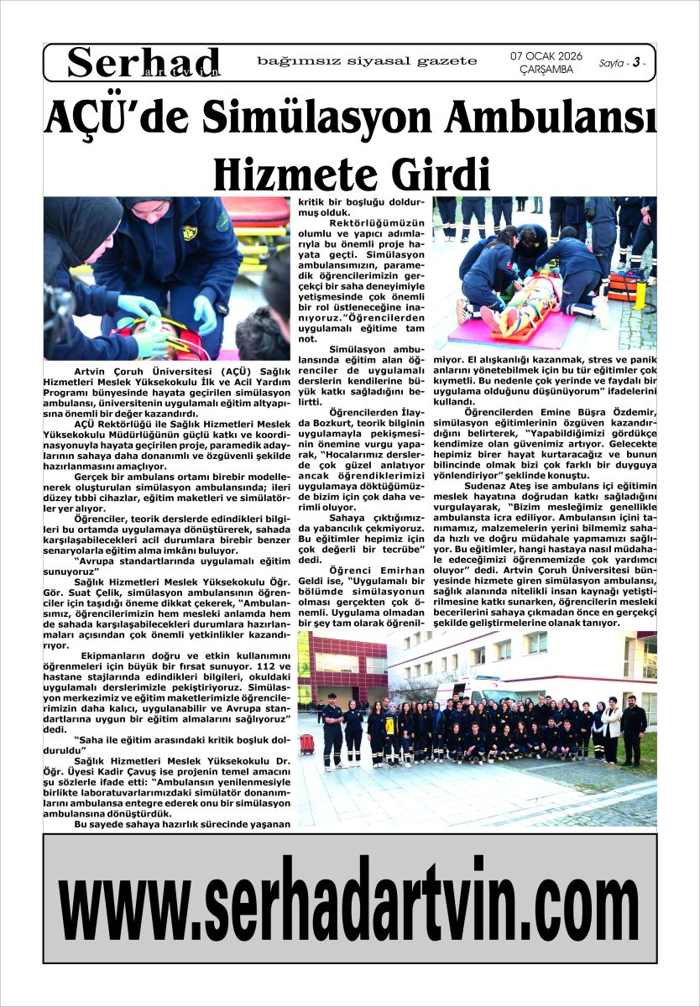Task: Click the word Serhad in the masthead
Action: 144,61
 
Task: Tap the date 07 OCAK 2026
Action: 546,56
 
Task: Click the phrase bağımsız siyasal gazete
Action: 367,61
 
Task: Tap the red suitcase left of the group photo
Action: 307,744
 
